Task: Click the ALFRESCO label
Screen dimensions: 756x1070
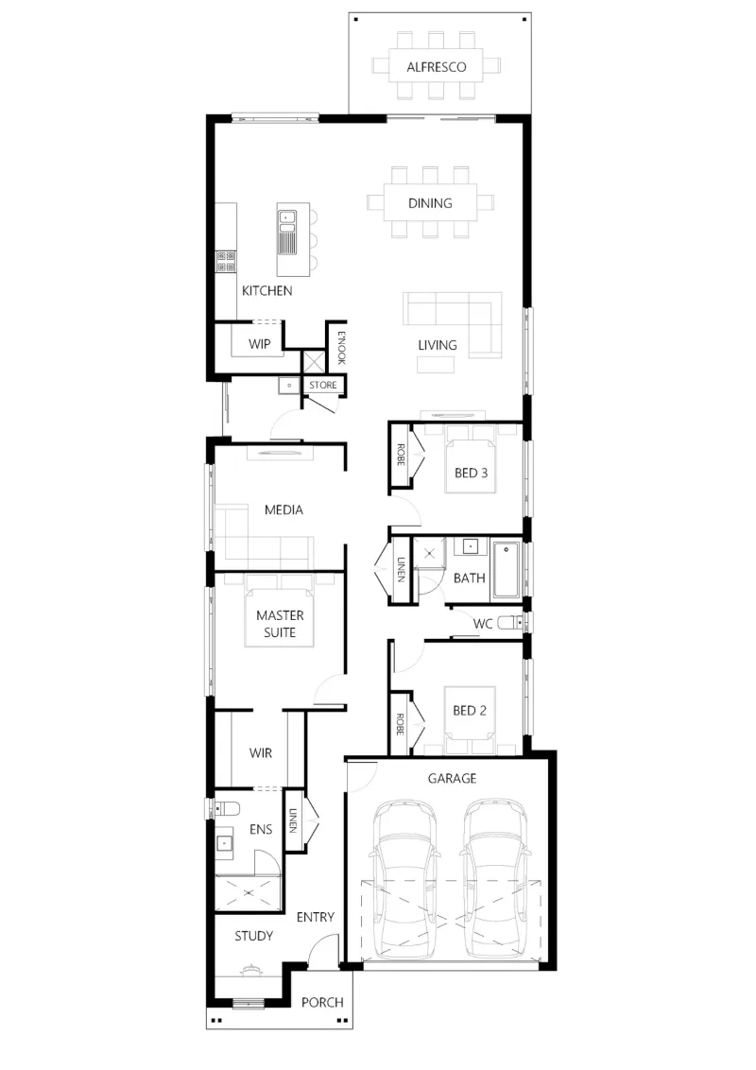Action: click(x=437, y=67)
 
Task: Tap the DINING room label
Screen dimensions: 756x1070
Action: click(x=430, y=203)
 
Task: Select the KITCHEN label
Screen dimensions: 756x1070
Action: click(x=266, y=291)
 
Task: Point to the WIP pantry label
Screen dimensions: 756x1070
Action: click(x=259, y=344)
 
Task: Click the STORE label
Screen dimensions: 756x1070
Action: click(x=323, y=385)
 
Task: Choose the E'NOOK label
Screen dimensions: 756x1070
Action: click(x=342, y=347)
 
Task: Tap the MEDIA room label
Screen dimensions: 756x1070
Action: click(x=283, y=509)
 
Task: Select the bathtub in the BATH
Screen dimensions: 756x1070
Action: click(x=507, y=570)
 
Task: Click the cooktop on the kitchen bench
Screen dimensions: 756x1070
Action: click(x=226, y=262)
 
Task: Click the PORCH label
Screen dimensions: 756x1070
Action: click(x=322, y=1003)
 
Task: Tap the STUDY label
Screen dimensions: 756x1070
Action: click(x=254, y=936)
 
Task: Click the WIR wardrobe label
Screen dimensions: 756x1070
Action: click(x=261, y=753)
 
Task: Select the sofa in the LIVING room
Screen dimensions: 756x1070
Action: click(x=453, y=325)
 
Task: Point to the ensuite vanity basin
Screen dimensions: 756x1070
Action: click(x=225, y=844)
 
